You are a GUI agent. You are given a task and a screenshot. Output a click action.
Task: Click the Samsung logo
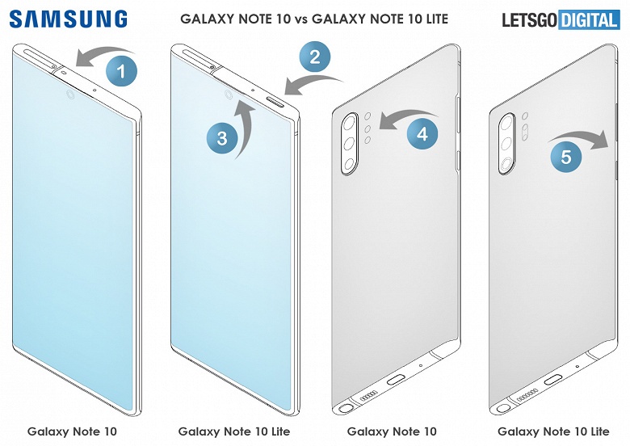click(x=69, y=19)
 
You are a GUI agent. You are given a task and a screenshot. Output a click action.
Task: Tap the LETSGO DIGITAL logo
click(x=560, y=19)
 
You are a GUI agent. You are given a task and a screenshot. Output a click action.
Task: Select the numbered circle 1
click(x=121, y=73)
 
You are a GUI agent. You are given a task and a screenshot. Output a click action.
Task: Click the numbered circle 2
click(x=315, y=57)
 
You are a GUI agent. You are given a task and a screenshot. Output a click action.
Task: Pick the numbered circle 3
click(x=221, y=139)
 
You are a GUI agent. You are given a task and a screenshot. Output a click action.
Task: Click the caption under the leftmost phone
click(x=72, y=431)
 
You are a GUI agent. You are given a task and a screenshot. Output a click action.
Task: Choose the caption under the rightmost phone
click(x=553, y=431)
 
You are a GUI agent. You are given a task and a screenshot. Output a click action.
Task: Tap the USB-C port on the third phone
click(x=397, y=377)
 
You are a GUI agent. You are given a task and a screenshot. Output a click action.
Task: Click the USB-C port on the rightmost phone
click(x=554, y=379)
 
